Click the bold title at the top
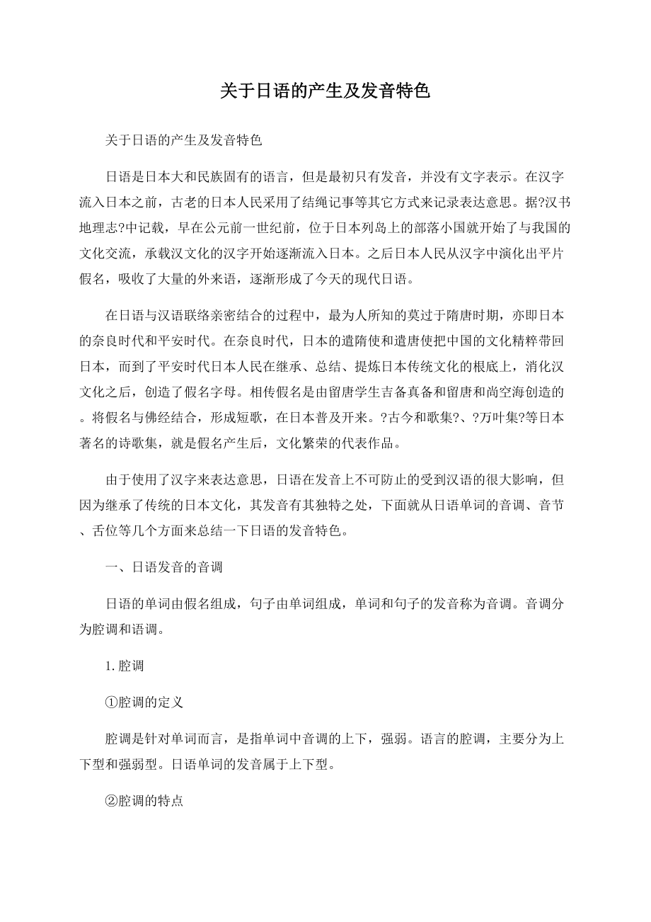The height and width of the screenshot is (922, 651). coord(325,92)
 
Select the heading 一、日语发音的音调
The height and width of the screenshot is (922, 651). coord(163,567)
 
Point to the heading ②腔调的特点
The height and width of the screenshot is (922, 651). coord(144,802)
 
